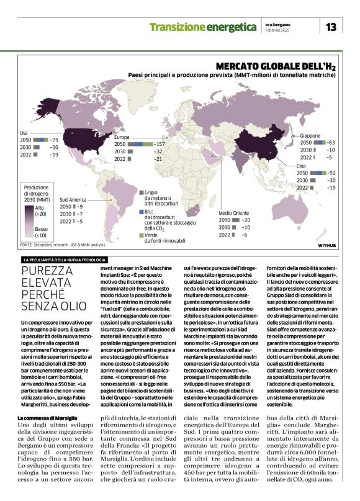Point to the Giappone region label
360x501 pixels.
coord(310,135)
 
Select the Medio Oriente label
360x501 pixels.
coord(234,213)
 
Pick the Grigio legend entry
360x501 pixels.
coord(153,193)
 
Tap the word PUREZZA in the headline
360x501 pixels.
coord(48,271)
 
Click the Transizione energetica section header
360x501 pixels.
coord(203,27)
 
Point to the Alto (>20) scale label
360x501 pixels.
coord(39,210)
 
